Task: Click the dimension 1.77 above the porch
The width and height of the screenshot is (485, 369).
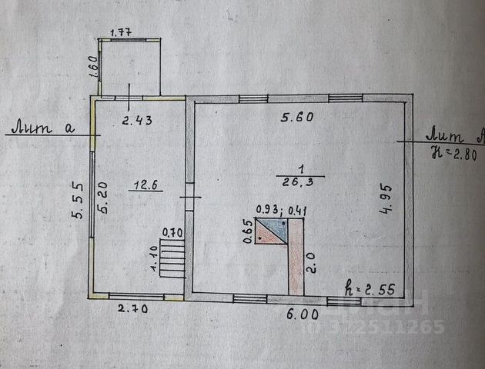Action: (x=122, y=32)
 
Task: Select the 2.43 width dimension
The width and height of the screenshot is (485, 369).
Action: (x=139, y=119)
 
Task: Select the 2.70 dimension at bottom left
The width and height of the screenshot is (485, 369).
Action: (x=132, y=309)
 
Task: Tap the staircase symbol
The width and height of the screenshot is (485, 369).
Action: (x=173, y=258)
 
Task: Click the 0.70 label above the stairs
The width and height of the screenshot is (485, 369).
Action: (x=172, y=231)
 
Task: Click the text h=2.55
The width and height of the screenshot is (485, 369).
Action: (x=370, y=291)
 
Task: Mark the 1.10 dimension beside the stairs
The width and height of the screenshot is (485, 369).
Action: (x=154, y=259)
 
